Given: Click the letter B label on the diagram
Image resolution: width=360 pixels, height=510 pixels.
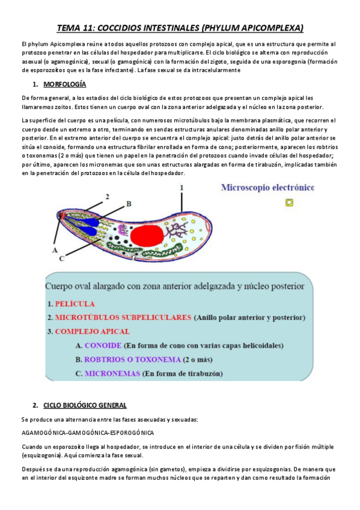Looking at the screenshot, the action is coord(128,204).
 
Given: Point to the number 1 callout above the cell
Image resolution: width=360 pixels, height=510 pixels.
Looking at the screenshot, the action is coord(182,188).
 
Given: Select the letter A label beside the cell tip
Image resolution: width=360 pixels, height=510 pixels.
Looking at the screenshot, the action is coord(55,249).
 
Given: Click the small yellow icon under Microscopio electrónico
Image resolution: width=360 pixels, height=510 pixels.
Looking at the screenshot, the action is coord(290,203).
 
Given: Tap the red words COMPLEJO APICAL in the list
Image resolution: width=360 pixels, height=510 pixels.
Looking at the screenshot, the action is coord(91,331).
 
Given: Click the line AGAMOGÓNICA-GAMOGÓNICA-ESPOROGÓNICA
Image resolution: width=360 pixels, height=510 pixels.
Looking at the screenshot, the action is coord(87,432).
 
